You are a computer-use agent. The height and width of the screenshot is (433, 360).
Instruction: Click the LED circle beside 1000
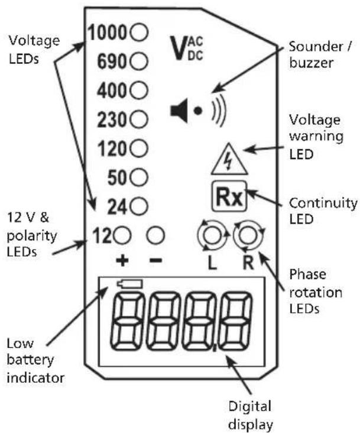click(139, 32)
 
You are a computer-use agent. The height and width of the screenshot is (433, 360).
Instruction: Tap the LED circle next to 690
click(139, 61)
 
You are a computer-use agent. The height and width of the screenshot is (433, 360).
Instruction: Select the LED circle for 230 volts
click(139, 119)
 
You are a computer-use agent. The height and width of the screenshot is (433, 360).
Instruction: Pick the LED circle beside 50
click(139, 177)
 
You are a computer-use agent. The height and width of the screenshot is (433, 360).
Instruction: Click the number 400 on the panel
click(112, 91)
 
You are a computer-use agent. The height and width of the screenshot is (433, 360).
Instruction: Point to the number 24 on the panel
click(117, 206)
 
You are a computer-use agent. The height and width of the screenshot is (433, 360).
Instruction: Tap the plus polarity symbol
click(122, 260)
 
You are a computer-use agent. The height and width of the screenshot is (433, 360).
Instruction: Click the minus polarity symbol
click(155, 260)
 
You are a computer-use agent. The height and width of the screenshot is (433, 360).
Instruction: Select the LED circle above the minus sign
click(155, 235)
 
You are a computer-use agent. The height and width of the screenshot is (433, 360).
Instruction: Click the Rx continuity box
click(229, 196)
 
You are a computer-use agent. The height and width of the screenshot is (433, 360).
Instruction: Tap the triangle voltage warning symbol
click(229, 160)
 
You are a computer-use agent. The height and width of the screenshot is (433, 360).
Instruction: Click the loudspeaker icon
click(179, 111)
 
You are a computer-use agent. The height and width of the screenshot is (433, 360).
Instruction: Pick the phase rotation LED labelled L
click(212, 235)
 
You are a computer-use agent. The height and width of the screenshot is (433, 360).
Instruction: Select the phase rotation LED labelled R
click(248, 235)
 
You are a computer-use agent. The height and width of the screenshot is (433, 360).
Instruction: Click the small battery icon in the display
click(129, 284)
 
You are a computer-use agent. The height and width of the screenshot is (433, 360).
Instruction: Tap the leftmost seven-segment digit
click(128, 321)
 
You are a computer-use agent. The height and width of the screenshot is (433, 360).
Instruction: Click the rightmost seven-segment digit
click(235, 321)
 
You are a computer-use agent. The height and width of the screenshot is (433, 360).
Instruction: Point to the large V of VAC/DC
click(179, 48)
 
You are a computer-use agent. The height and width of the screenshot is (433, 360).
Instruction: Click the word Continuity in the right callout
click(323, 203)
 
